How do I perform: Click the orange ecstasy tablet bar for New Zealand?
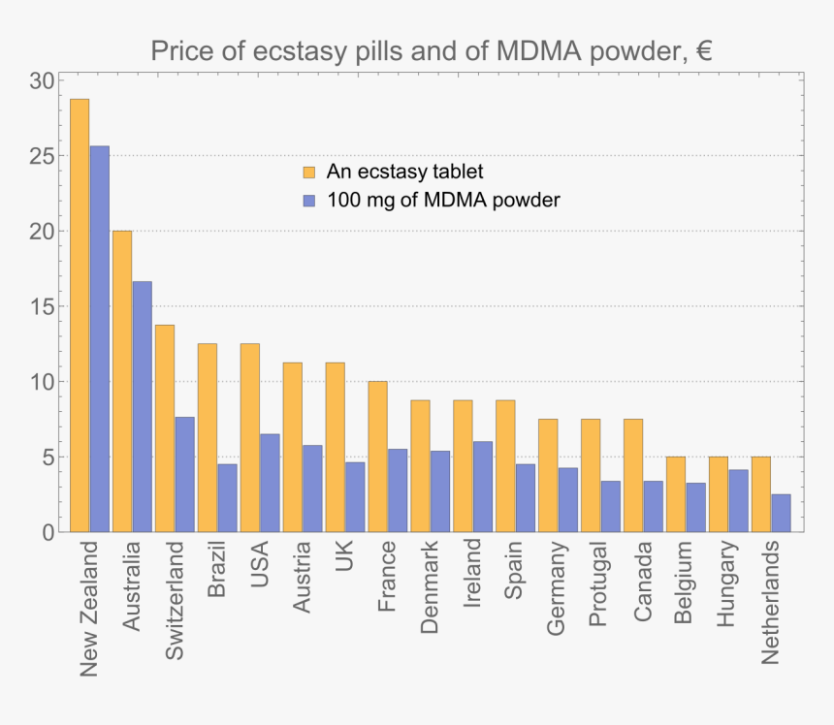pyautogui.click(x=80, y=315)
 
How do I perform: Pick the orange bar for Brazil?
pyautogui.click(x=208, y=437)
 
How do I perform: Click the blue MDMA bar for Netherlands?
pyautogui.click(x=781, y=513)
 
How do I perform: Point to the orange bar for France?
pyautogui.click(x=377, y=457)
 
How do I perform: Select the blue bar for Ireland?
pyautogui.click(x=482, y=487)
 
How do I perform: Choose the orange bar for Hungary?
pyautogui.click(x=719, y=494)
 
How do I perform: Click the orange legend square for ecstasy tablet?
pyautogui.click(x=309, y=173)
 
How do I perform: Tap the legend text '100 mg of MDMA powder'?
pyautogui.click(x=443, y=201)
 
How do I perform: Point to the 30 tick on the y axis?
pyautogui.click(x=42, y=81)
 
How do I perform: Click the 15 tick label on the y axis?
pyautogui.click(x=42, y=306)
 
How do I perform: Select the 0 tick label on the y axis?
pyautogui.click(x=48, y=532)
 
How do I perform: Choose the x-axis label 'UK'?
pyautogui.click(x=344, y=556)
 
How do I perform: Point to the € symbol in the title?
pyautogui.click(x=703, y=50)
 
